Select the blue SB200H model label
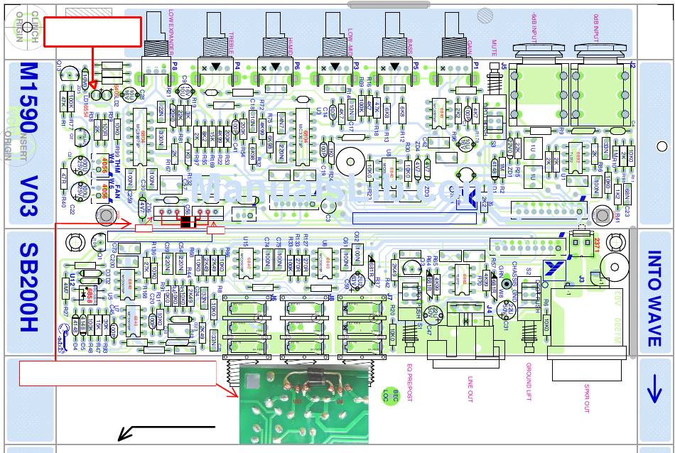pos(29,288)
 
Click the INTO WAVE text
pos(654,299)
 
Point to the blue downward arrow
pos(654,389)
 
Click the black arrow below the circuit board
pos(166,429)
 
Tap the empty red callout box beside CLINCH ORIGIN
pos(92,32)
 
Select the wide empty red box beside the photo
pos(117,373)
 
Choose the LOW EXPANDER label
pos(173,32)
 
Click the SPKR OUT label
pos(588,393)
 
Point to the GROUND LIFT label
pos(529,382)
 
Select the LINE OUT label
pos(470,388)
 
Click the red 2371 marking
pos(597,245)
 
